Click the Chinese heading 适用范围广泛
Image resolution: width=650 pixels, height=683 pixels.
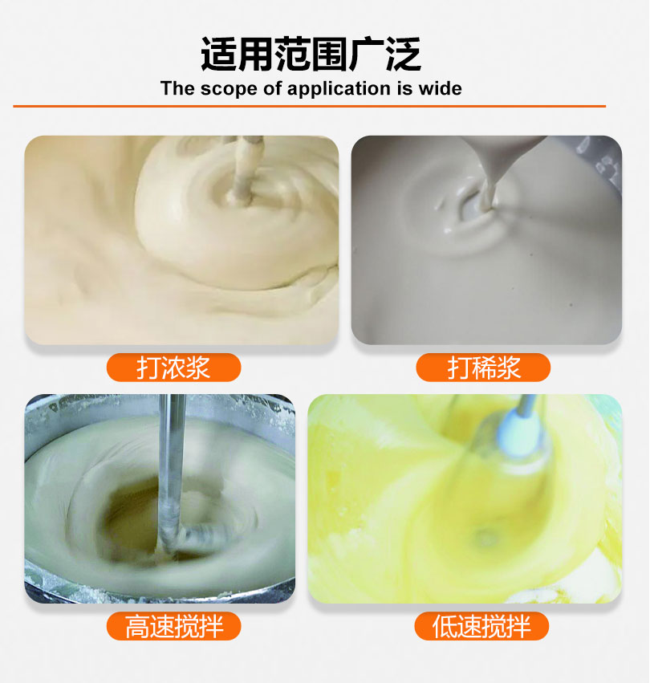pyautogui.click(x=311, y=54)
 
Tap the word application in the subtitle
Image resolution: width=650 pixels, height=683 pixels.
pyautogui.click(x=339, y=89)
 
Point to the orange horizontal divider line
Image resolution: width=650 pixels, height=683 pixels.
pyautogui.click(x=309, y=106)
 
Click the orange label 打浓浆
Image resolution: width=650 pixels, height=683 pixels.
pyautogui.click(x=173, y=368)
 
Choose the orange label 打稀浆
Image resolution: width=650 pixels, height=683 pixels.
pyautogui.click(x=483, y=368)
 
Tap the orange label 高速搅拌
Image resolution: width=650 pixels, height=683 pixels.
pyautogui.click(x=173, y=626)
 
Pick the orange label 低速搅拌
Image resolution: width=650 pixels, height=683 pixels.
pyautogui.click(x=481, y=626)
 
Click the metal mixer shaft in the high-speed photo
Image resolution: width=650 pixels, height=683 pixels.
pyautogui.click(x=171, y=470)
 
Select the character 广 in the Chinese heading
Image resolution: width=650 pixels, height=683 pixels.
pyautogui.click(x=366, y=54)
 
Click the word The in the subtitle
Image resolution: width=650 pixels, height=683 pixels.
pyautogui.click(x=177, y=88)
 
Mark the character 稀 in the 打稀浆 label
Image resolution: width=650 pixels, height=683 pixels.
pyautogui.click(x=483, y=368)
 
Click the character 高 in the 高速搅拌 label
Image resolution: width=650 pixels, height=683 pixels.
pyautogui.click(x=137, y=626)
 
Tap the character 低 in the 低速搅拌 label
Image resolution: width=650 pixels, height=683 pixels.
pyautogui.click(x=445, y=626)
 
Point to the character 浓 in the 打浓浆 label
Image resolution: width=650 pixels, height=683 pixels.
pyautogui.click(x=173, y=368)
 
